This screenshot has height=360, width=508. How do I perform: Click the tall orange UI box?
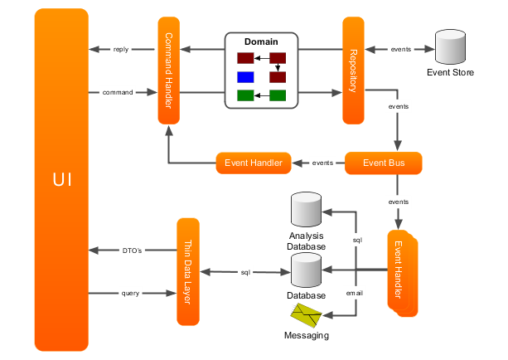61,179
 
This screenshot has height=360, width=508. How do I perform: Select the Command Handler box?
168,70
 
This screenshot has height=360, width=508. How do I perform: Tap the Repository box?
353,70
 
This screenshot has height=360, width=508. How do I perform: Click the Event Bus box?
383,163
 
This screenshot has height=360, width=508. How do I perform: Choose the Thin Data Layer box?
188,271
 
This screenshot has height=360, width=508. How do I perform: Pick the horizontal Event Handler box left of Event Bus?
253,163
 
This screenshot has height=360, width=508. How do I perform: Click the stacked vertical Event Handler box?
400,272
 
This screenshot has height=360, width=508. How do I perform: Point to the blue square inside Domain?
245,77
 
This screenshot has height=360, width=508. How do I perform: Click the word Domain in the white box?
261,41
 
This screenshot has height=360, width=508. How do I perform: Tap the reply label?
121,50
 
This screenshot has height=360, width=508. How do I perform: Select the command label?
117,92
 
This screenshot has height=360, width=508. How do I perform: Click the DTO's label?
132,250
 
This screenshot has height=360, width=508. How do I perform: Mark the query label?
131,293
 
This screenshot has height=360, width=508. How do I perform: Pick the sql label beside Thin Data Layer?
245,271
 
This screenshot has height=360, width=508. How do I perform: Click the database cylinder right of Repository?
450,47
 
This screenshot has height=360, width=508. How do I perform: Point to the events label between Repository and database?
399,50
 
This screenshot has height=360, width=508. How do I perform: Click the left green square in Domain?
245,95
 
